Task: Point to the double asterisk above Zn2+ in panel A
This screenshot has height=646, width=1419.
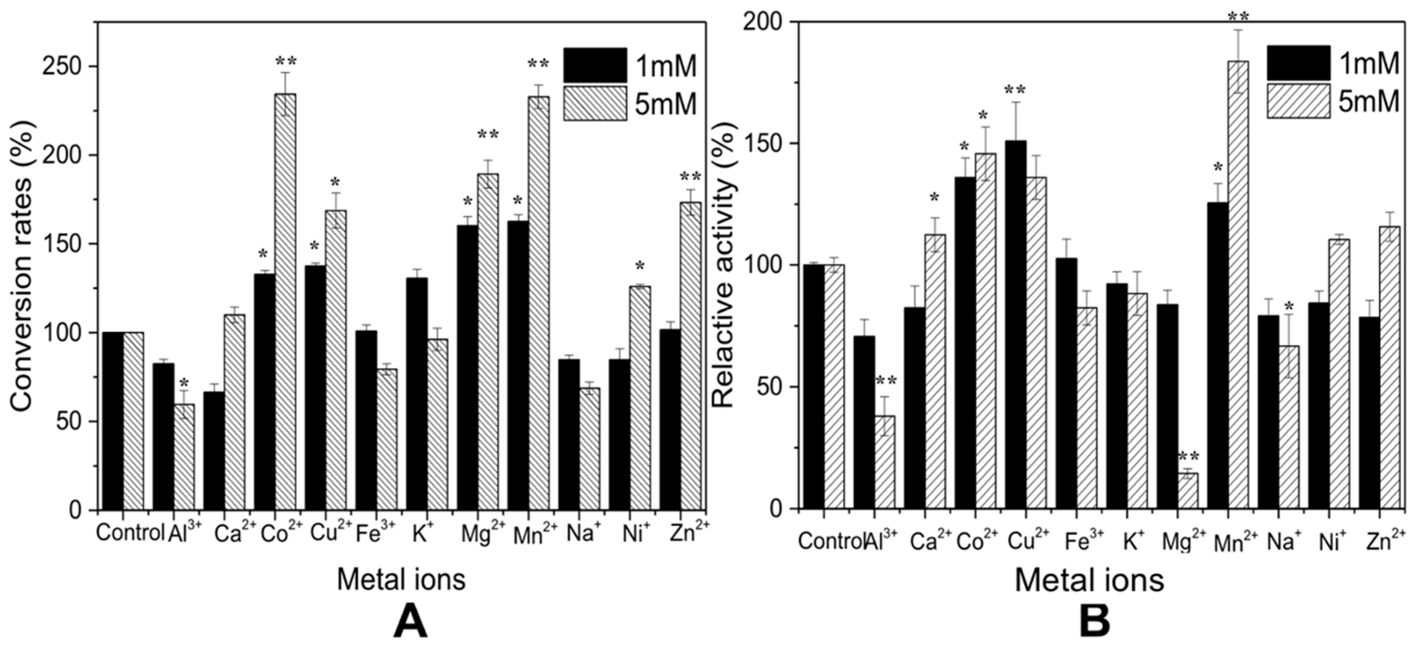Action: click(x=690, y=177)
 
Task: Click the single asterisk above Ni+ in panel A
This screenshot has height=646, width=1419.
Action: click(x=640, y=266)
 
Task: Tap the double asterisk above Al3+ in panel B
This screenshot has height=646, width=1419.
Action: click(x=886, y=380)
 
